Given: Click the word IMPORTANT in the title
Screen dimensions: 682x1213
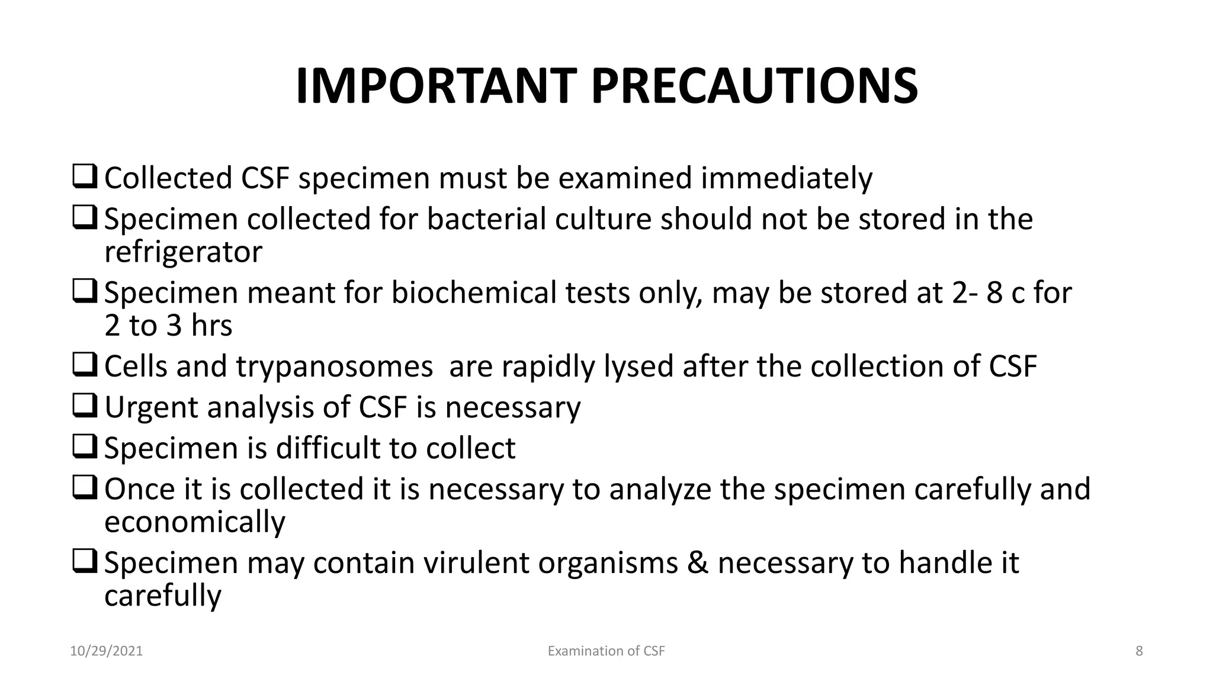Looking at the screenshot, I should (435, 86).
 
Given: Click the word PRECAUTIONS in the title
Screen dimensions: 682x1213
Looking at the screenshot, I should (754, 86).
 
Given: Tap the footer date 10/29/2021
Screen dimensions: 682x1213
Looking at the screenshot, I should (107, 651).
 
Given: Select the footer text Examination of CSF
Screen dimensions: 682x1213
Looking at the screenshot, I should (606, 651).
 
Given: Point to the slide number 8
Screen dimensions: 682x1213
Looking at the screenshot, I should (1139, 651).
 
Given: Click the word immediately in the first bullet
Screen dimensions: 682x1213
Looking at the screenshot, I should (787, 178).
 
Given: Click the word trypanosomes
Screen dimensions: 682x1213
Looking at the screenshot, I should (335, 366).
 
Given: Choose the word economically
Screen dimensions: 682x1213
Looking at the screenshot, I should (195, 522).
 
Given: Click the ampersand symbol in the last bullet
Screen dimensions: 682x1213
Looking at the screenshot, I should (698, 562).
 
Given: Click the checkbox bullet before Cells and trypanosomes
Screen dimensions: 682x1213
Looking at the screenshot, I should (85, 366).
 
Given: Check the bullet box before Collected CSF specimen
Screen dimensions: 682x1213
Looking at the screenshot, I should (85, 178).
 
